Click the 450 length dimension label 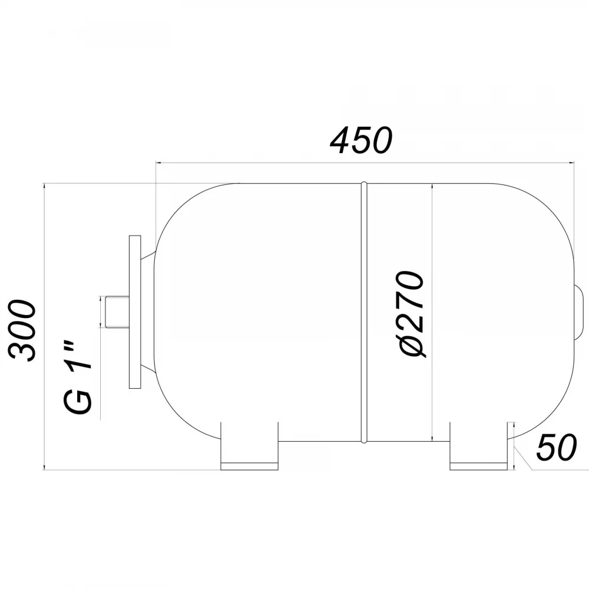(361, 140)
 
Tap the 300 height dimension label (22, 330)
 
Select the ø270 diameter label (412, 313)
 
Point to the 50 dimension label (556, 448)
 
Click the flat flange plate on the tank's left (135, 312)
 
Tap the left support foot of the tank (249, 446)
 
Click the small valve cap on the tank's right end (578, 312)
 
